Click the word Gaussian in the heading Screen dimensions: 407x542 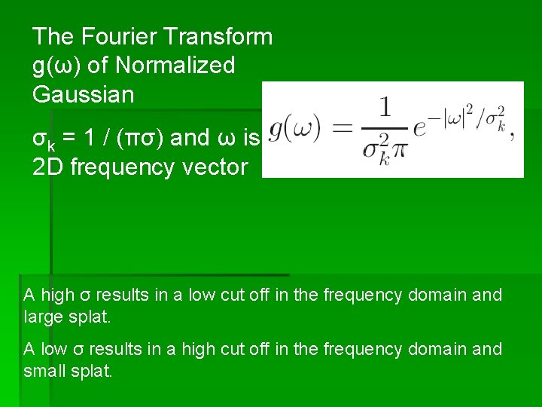click(x=84, y=95)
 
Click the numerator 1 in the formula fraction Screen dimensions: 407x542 click(x=385, y=107)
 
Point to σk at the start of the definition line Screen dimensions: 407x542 click(x=43, y=139)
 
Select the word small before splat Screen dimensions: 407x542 click(x=46, y=372)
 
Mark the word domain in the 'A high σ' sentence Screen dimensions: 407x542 click(x=438, y=295)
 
